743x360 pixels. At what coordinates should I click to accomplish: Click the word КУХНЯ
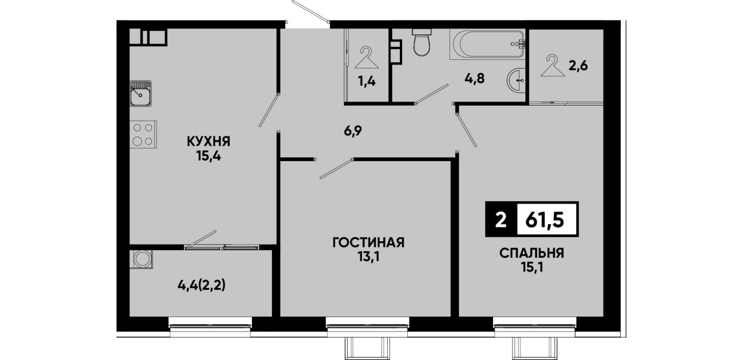coord(208,142)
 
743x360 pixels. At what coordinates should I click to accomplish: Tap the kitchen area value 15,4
coord(208,155)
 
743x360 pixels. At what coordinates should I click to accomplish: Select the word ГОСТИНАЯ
coord(368,242)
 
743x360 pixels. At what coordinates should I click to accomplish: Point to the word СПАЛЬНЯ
coord(532,254)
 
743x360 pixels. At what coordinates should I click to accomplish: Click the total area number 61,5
coord(545,220)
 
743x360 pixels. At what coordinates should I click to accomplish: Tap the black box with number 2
coord(501,219)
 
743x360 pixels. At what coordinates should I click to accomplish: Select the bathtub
coord(487,44)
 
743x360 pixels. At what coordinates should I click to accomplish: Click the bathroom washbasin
coord(516,79)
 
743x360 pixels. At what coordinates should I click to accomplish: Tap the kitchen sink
coord(140,94)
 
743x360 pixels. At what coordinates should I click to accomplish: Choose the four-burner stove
coord(143,134)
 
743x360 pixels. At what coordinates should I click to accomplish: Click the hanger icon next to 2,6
coord(552,66)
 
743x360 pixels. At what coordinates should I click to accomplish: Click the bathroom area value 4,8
coord(475,79)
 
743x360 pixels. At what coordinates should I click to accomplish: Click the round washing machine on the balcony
coord(143,259)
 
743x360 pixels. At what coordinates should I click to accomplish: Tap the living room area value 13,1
coord(368,257)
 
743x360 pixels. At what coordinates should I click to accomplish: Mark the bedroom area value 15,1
coord(532,267)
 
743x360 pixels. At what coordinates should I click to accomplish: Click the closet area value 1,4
coord(367,81)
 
